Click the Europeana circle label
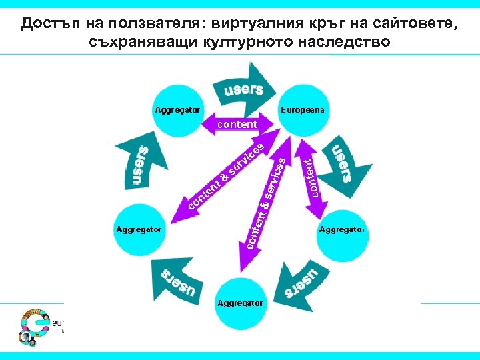302,109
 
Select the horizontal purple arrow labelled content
237,124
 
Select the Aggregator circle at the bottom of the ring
239,303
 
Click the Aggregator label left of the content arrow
177,109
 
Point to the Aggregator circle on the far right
341,230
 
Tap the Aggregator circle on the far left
139,229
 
